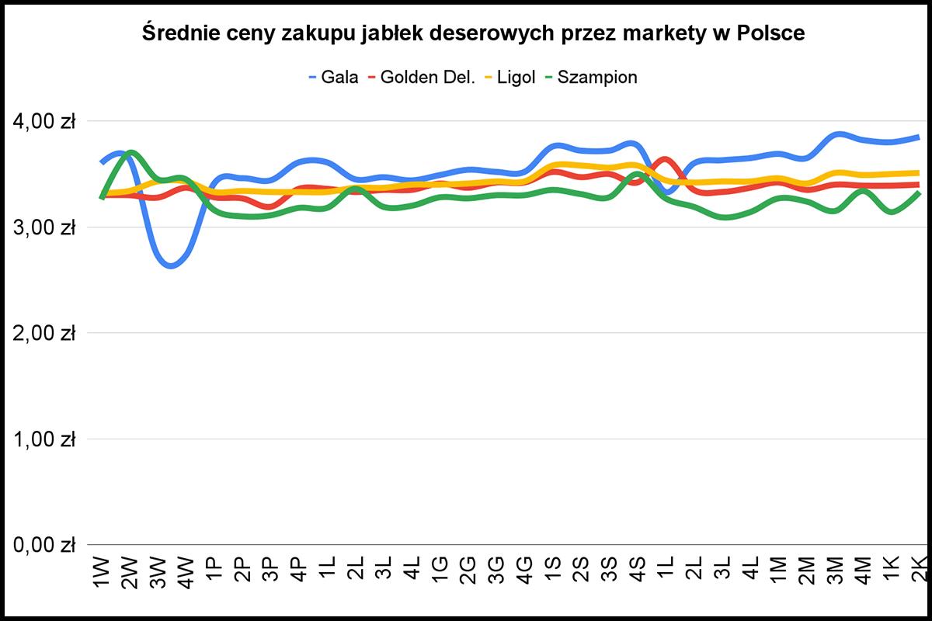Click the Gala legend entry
click(x=340, y=78)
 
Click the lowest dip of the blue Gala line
click(x=172, y=266)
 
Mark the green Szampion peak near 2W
click(x=131, y=152)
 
